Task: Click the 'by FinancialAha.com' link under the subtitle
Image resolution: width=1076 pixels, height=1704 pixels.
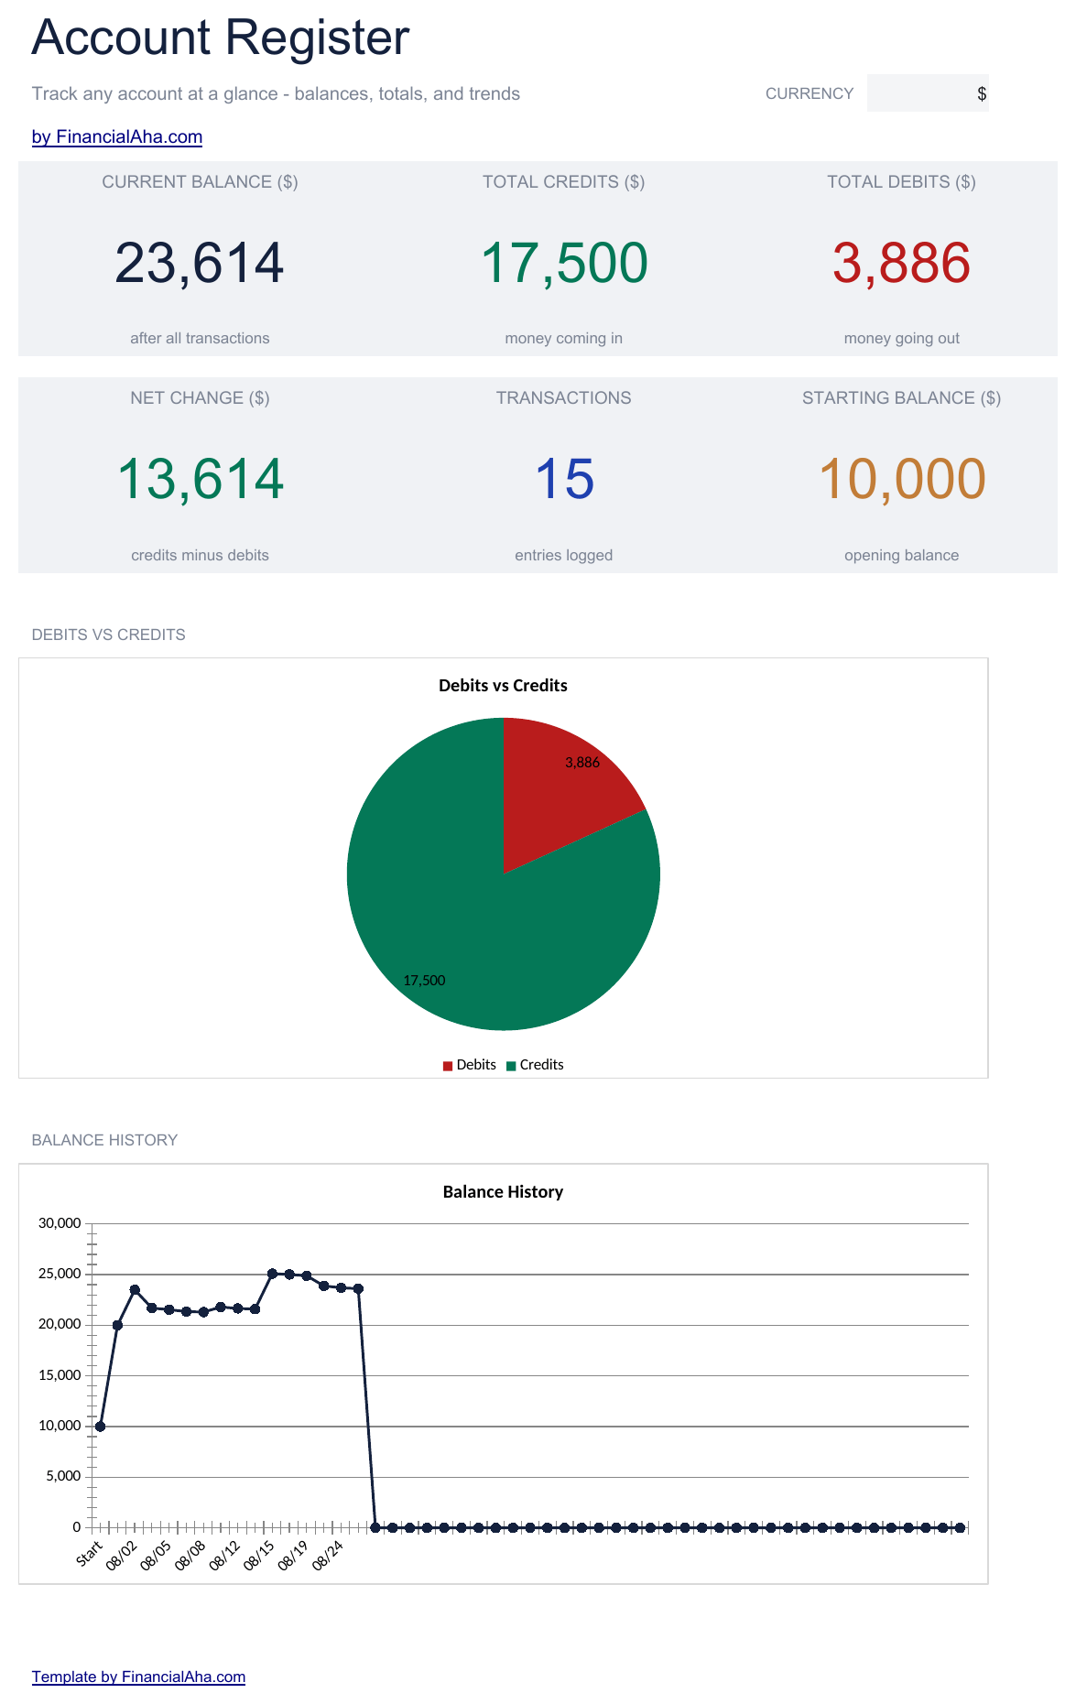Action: click(x=117, y=137)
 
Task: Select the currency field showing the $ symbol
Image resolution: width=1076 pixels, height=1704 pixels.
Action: click(x=928, y=93)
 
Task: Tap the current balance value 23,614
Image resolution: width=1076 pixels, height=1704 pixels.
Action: click(x=200, y=263)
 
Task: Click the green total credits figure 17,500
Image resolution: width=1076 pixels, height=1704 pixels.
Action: click(x=564, y=263)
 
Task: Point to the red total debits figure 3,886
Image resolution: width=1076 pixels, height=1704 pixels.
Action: click(x=901, y=263)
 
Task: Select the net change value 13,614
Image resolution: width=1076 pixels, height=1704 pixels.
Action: click(x=201, y=479)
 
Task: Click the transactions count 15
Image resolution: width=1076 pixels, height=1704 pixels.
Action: click(x=564, y=479)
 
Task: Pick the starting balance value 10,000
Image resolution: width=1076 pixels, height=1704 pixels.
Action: click(x=902, y=479)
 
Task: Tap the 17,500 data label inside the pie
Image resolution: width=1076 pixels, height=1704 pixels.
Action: click(x=424, y=981)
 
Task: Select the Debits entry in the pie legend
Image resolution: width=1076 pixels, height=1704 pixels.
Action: click(x=469, y=1065)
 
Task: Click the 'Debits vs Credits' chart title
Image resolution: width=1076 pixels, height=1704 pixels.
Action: click(x=503, y=686)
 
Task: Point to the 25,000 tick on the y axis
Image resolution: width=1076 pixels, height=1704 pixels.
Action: click(x=60, y=1274)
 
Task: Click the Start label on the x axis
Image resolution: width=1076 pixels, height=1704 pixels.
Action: click(x=90, y=1554)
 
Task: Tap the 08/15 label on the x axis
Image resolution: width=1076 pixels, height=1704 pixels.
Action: click(x=259, y=1555)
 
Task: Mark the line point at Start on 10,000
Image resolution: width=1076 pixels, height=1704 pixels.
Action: click(x=100, y=1427)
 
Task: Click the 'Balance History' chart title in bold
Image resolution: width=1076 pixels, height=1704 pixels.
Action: click(x=503, y=1192)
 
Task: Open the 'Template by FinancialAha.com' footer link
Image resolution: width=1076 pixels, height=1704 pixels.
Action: click(x=138, y=1677)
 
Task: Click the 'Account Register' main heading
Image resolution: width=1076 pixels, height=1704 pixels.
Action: click(x=221, y=38)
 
